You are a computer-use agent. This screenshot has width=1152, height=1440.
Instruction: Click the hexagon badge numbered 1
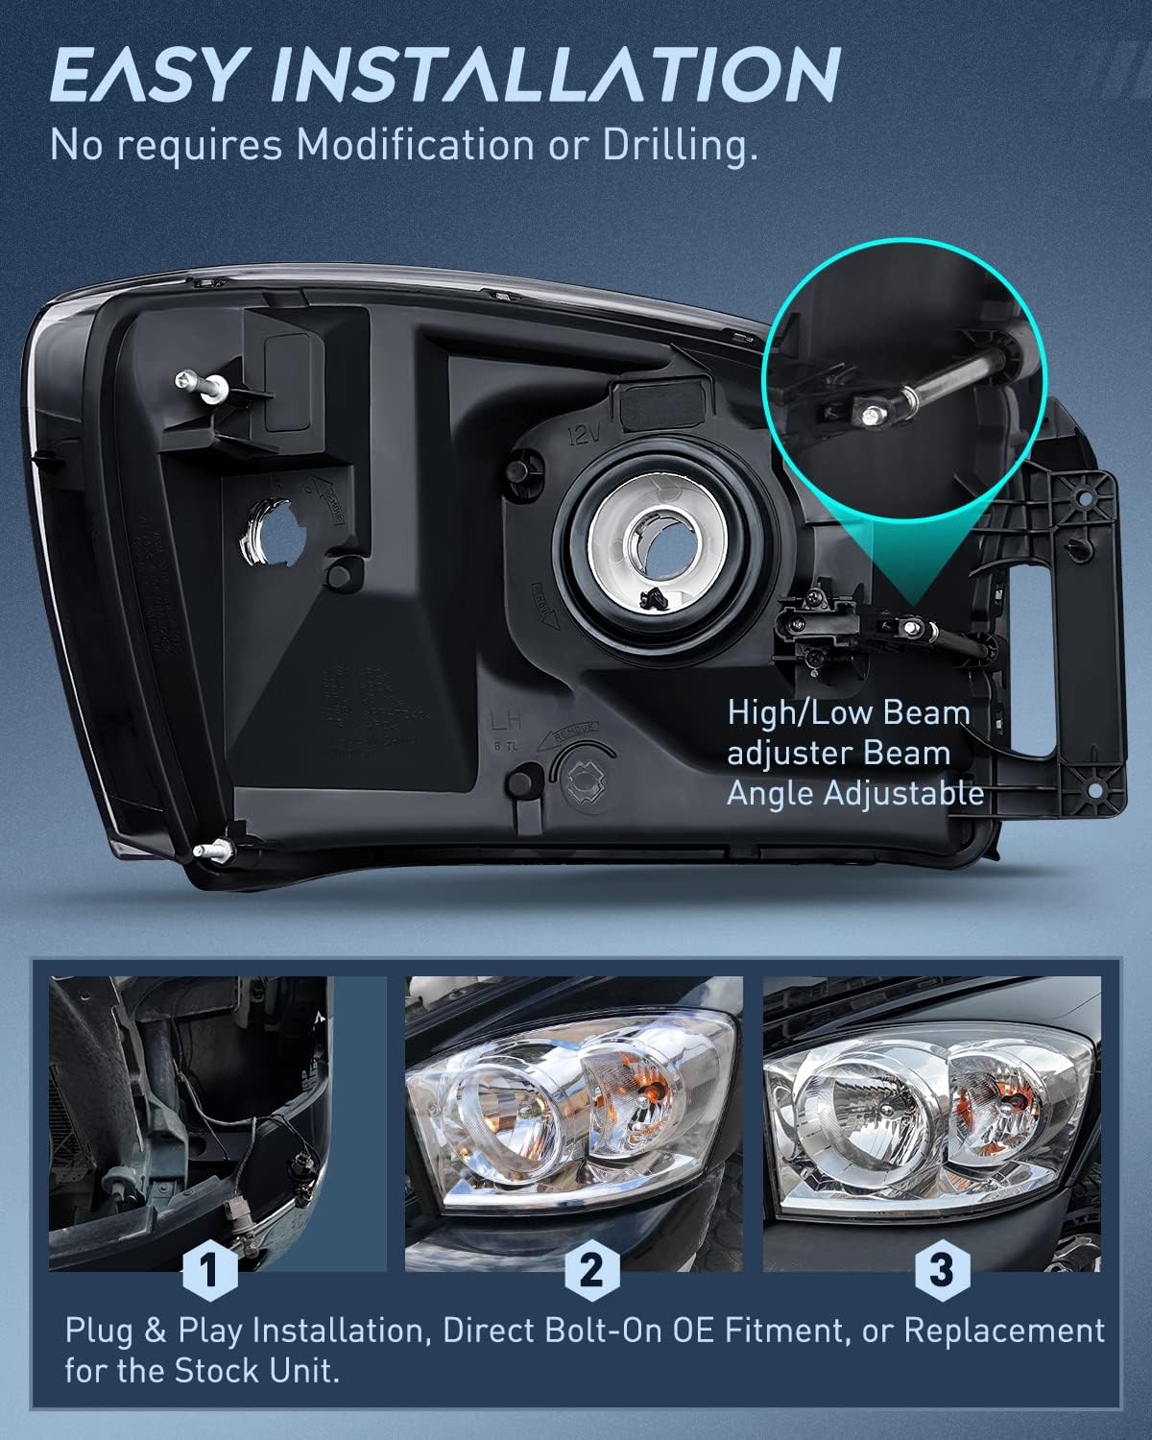point(208,1271)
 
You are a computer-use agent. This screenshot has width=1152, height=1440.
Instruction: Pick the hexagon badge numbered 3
point(941,1271)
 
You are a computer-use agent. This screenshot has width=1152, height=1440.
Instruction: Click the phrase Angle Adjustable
point(854,793)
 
